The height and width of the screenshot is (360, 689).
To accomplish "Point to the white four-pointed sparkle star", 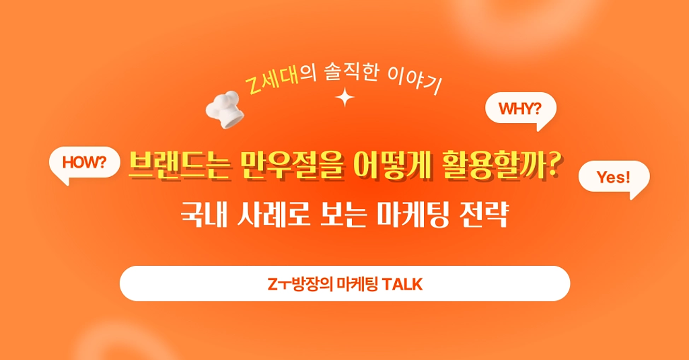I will tap(345, 98).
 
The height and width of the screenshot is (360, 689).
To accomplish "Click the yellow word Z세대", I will tap(271, 83).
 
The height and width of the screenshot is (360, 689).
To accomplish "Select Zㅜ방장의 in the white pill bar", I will tap(294, 284).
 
